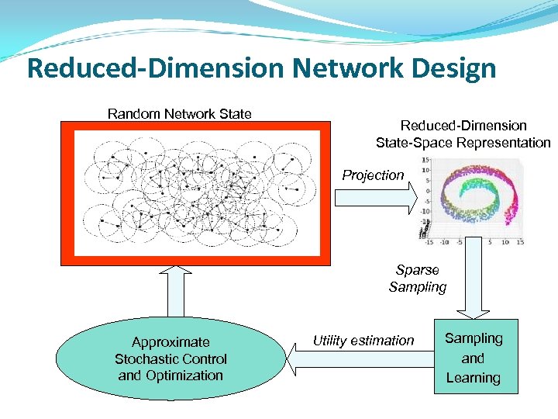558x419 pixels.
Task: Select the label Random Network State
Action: (x=179, y=114)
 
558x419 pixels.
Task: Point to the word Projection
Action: (x=373, y=175)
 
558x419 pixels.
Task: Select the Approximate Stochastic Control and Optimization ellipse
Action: (x=170, y=358)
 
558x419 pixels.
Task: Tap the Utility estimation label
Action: (x=363, y=340)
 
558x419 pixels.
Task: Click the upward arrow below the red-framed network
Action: (x=179, y=290)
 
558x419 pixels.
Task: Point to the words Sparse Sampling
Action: (x=418, y=279)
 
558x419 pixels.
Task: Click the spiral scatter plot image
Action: (x=474, y=199)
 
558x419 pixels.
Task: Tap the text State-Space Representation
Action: (x=463, y=143)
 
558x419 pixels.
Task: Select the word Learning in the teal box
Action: (x=473, y=378)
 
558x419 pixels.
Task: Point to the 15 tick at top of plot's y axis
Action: (x=426, y=160)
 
